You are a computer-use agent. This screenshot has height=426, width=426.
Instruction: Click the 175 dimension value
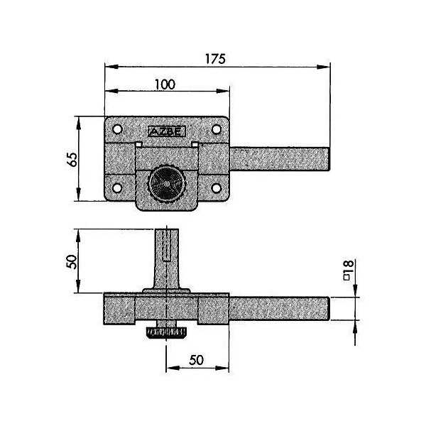point(215,59)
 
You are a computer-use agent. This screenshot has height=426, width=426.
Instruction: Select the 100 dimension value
point(165,84)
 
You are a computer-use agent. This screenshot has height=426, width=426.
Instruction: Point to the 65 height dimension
point(72,159)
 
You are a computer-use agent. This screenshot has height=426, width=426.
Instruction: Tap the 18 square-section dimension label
point(349,267)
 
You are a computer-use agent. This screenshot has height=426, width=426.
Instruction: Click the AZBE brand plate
point(167,132)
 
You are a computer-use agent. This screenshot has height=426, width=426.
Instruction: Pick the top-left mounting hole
point(117,129)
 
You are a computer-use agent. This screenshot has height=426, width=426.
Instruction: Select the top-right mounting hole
point(217,129)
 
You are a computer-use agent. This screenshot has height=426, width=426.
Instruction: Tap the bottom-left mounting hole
point(117,188)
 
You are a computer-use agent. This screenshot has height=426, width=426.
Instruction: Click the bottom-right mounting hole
point(217,188)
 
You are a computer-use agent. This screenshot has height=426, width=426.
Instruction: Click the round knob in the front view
point(167,184)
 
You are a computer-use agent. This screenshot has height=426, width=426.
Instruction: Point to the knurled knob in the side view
point(166,333)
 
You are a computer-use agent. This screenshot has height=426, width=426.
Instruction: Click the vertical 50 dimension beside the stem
point(72,261)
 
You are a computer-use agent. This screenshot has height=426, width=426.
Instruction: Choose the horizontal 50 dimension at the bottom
point(197,360)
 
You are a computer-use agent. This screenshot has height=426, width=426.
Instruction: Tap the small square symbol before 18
point(346,277)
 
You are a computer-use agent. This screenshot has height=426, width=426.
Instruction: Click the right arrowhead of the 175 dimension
point(323,67)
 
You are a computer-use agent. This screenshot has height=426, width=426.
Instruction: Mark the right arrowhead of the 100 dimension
point(223,91)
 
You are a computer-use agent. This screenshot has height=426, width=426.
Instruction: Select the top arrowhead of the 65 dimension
point(79,124)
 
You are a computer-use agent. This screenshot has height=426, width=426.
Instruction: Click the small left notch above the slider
point(138,144)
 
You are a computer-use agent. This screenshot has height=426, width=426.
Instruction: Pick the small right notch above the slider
point(195,144)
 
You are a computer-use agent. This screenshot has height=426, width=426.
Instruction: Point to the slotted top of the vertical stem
point(167,245)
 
